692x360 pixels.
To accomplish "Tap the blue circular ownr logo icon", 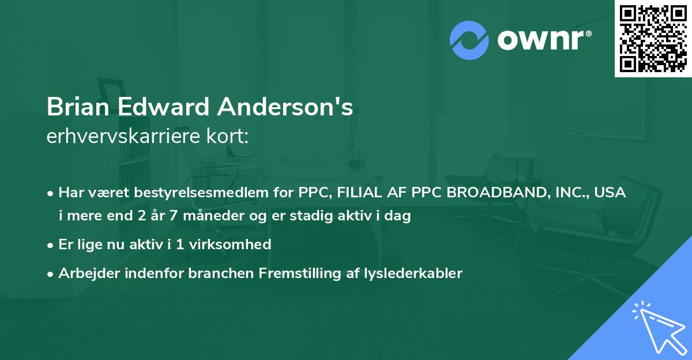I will tap(469, 40).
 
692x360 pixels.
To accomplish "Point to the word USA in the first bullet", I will tap(611, 193).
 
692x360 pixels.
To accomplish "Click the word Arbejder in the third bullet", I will tap(86, 273).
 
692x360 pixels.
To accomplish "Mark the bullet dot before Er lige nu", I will tap(51, 245).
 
